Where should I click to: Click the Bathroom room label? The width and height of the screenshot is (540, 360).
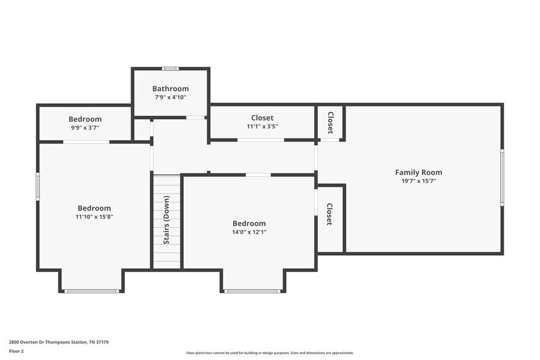(x=170, y=89)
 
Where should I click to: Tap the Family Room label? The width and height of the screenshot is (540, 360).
(x=418, y=173)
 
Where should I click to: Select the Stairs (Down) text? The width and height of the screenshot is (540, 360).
(x=167, y=220)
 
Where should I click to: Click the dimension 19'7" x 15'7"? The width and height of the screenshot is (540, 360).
(x=418, y=181)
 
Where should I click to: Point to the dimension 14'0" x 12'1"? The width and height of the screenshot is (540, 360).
(x=249, y=232)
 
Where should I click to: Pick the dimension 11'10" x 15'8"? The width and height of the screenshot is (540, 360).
(x=94, y=217)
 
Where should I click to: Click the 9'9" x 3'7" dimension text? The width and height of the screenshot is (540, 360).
(x=85, y=128)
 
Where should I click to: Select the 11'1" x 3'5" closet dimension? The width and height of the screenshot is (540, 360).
(x=262, y=127)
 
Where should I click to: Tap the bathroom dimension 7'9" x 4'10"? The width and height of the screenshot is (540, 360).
(x=170, y=97)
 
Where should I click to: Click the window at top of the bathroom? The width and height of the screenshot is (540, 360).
(x=170, y=68)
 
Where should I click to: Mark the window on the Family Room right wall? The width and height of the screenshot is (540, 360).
(x=502, y=178)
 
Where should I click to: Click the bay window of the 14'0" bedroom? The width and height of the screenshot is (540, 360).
(x=253, y=291)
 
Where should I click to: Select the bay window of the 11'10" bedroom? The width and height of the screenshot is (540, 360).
(x=91, y=291)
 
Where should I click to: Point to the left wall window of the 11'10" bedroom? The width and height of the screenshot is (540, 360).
(x=38, y=187)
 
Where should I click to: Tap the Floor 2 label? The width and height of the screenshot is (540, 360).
(x=17, y=351)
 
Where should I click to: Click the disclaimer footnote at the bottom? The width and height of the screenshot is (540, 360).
(x=269, y=353)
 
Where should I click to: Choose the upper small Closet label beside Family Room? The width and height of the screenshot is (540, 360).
(x=330, y=122)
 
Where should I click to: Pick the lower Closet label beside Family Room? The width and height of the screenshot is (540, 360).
(x=329, y=214)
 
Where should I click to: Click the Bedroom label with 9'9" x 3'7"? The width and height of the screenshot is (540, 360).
(x=85, y=119)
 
